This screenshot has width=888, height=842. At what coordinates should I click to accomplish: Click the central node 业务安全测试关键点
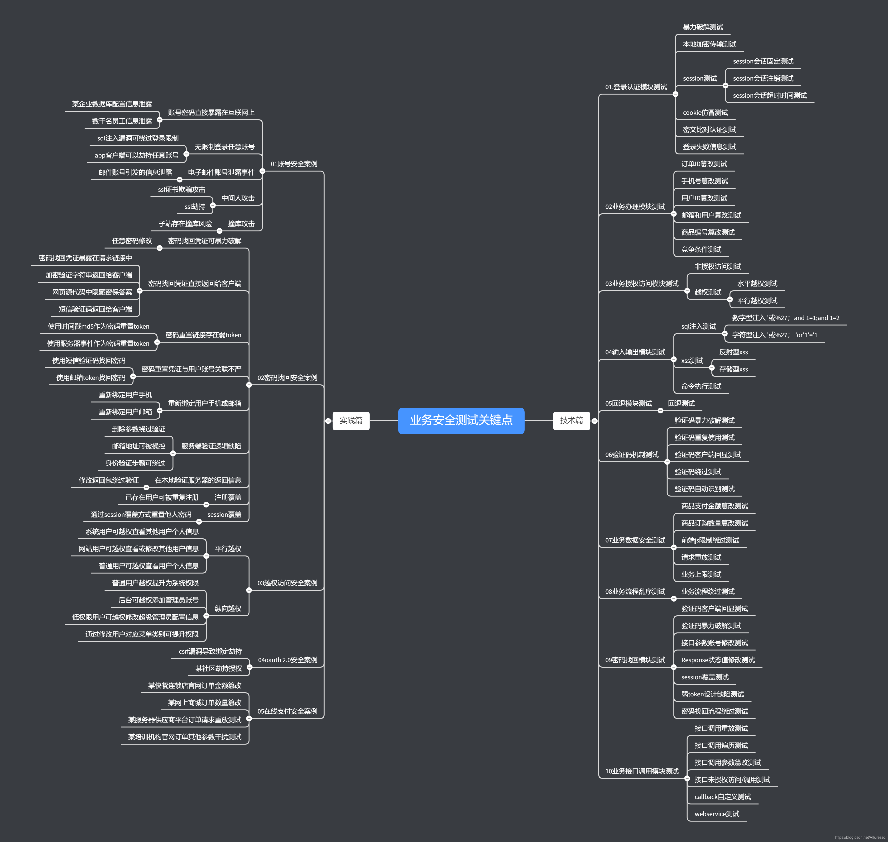click(461, 421)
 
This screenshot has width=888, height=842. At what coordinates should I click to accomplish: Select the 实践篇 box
click(351, 421)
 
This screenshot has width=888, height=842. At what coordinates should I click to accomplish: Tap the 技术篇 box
click(571, 421)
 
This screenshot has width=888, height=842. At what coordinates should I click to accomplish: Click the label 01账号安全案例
click(294, 164)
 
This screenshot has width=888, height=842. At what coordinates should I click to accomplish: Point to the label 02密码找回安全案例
click(287, 378)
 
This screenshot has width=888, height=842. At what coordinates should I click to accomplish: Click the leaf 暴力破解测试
click(703, 27)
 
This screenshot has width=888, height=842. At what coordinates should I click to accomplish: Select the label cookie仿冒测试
click(705, 113)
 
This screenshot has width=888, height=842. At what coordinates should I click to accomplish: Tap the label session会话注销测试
click(763, 79)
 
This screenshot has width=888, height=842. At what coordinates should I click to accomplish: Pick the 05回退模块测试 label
click(628, 403)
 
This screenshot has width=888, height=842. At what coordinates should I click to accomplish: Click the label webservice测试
click(716, 814)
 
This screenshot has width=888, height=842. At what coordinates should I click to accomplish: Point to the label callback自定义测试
click(722, 797)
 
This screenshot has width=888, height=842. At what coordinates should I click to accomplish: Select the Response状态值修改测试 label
click(717, 660)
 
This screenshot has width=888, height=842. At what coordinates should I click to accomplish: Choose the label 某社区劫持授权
click(219, 668)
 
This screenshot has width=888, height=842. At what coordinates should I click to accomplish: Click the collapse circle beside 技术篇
click(594, 421)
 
